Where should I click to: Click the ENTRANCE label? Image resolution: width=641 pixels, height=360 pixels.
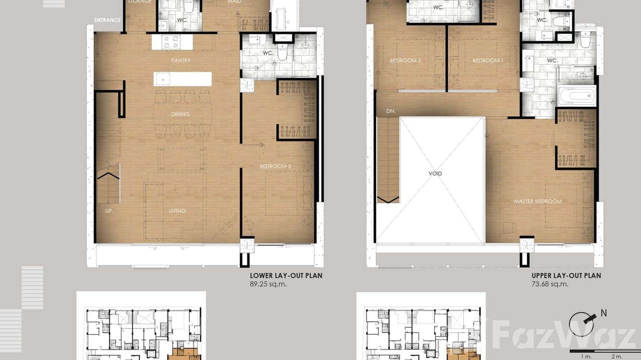(107, 20)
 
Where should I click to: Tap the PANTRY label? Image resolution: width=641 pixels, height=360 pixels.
(181, 61)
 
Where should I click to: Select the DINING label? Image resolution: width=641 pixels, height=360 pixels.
(180, 114)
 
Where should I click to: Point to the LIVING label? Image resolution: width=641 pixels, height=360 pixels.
(177, 211)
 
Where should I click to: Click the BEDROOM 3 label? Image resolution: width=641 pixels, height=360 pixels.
(276, 166)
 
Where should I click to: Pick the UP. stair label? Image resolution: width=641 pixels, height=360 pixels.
(109, 211)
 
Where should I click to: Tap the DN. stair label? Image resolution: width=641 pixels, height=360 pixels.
(390, 111)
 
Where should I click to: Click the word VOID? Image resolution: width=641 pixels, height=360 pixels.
(435, 174)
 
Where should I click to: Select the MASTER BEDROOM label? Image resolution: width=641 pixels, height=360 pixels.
(538, 201)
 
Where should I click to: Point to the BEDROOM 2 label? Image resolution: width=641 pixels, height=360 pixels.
(405, 61)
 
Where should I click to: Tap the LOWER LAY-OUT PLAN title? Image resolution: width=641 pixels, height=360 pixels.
(286, 275)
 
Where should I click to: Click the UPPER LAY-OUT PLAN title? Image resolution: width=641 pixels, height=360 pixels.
(566, 275)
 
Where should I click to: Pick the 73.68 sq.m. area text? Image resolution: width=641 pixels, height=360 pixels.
(550, 284)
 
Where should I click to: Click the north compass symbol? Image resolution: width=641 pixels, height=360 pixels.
(583, 325)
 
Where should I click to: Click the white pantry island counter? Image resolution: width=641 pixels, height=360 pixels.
(182, 79)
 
